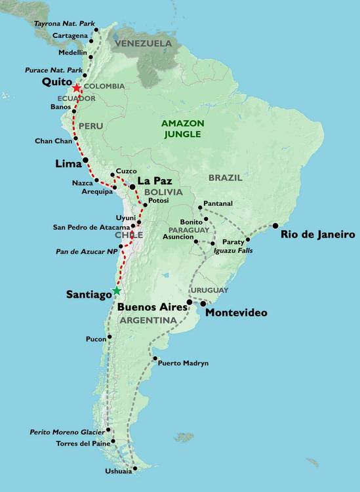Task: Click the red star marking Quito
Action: pyautogui.click(x=77, y=87)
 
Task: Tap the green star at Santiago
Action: pyautogui.click(x=116, y=291)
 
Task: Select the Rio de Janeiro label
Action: pyautogui.click(x=317, y=234)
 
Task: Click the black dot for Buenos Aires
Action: pyautogui.click(x=189, y=302)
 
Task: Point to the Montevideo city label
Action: pyautogui.click(x=236, y=313)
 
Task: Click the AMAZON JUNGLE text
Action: pyautogui.click(x=183, y=129)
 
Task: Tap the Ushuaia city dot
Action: pyautogui.click(x=134, y=468)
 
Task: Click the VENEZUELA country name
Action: pyautogui.click(x=143, y=44)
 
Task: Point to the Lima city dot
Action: pyautogui.click(x=85, y=160)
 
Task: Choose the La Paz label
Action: pyautogui.click(x=154, y=180)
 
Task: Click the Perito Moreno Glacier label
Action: pyautogui.click(x=68, y=432)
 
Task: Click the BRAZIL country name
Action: pyautogui.click(x=225, y=177)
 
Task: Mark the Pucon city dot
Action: pyautogui.click(x=110, y=337)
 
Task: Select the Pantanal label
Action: pyautogui.click(x=218, y=203)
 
